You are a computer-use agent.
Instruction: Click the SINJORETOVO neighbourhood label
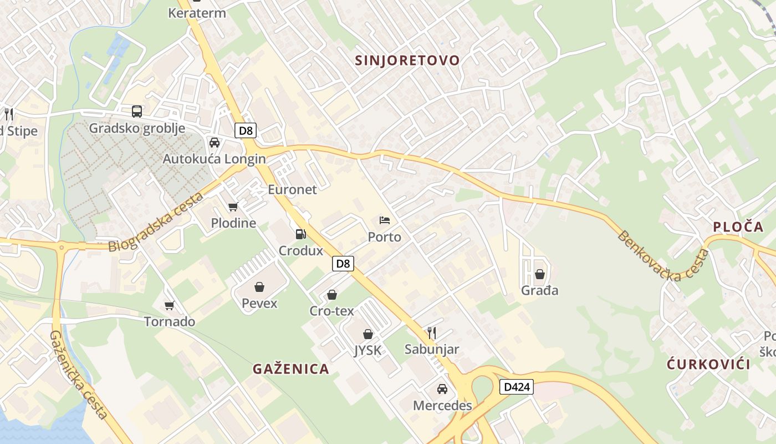[407, 60]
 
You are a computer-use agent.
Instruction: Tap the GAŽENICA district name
[291, 369]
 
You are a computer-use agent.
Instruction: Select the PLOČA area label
[738, 226]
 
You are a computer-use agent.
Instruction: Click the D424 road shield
[517, 387]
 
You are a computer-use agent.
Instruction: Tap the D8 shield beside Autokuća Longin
[246, 131]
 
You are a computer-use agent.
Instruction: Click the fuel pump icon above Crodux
[300, 234]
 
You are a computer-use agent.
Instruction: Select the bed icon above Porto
[384, 220]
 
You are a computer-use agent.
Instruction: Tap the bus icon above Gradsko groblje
[137, 112]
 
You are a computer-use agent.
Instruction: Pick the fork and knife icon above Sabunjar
[431, 333]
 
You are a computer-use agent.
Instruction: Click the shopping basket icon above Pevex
[259, 287]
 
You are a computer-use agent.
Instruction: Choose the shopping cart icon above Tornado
[170, 305]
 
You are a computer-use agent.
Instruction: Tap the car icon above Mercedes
[442, 389]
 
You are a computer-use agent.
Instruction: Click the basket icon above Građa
[540, 274]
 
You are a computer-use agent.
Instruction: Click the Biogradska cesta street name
[156, 222]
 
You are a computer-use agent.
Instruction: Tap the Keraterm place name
[197, 13]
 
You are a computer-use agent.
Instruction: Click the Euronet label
[292, 189]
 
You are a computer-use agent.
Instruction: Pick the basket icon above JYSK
[367, 334]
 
